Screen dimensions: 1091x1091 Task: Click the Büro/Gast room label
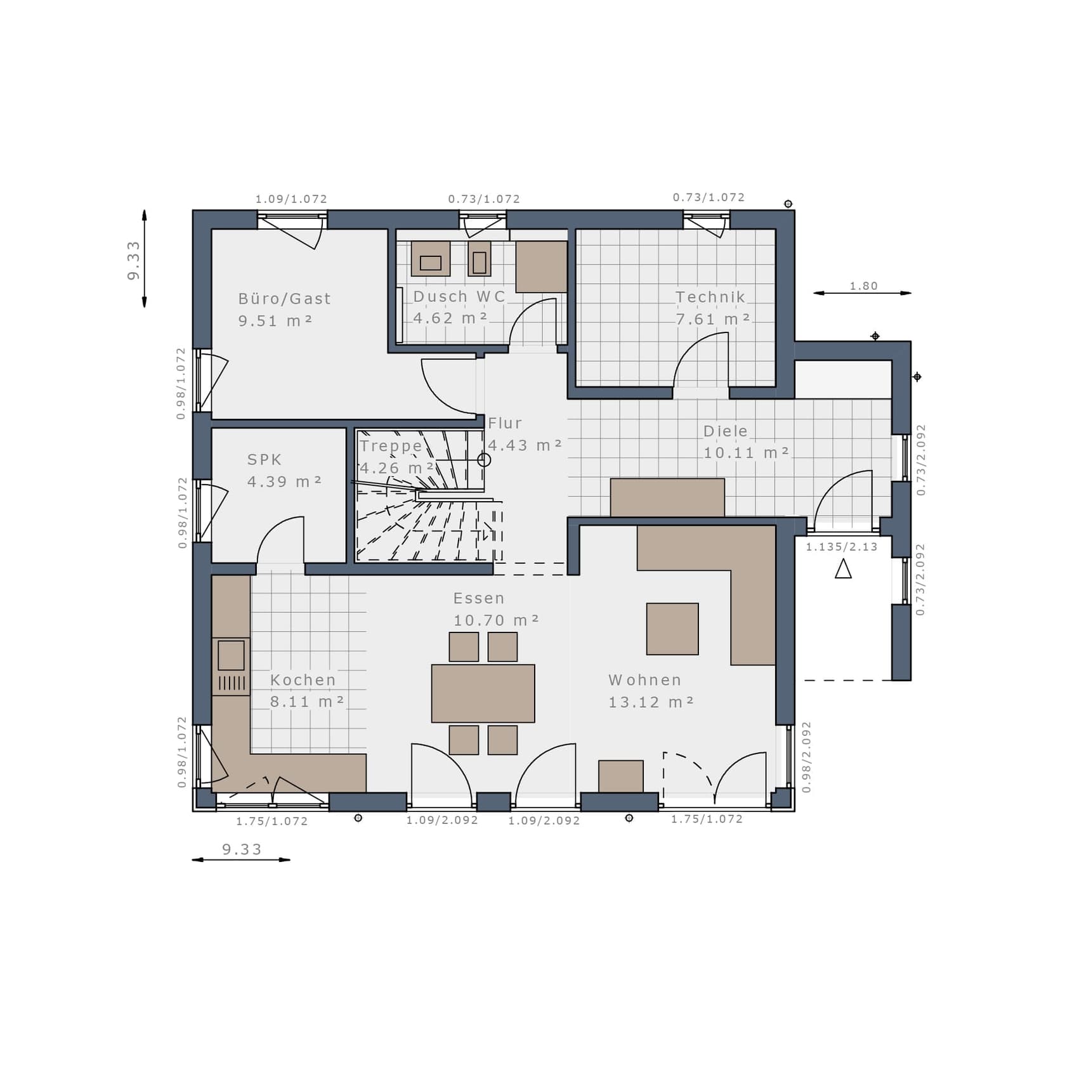(284, 298)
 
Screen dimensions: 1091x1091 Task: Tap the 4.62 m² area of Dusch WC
(450, 318)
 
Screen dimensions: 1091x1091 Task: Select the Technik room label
(710, 297)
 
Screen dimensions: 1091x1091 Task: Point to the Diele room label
(726, 431)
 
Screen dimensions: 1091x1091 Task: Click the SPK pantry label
(265, 459)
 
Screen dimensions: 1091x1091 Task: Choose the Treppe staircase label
(391, 446)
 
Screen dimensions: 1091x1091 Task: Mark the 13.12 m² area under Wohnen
(651, 702)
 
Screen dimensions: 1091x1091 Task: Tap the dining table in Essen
(483, 693)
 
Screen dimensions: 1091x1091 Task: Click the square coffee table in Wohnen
(672, 629)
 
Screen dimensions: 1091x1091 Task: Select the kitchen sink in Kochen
(231, 655)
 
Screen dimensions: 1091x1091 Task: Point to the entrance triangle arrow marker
(843, 568)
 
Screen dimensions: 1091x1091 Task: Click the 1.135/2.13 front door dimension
(842, 547)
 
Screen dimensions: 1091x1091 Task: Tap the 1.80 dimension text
(864, 285)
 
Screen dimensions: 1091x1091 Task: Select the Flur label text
(505, 423)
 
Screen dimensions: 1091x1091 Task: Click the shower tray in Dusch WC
(541, 266)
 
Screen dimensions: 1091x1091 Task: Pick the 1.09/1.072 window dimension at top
(291, 199)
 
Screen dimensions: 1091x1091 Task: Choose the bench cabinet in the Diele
(667, 497)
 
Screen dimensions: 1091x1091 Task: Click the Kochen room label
(303, 680)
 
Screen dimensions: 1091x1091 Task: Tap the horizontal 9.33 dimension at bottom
(242, 849)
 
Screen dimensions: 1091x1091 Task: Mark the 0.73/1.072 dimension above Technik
(709, 197)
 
